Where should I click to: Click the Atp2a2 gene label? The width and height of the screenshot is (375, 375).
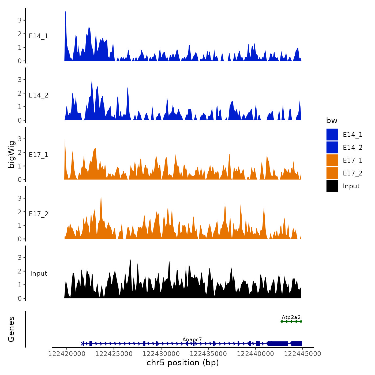pyautogui.click(x=291, y=317)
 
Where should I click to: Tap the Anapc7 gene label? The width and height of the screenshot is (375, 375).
pyautogui.click(x=192, y=340)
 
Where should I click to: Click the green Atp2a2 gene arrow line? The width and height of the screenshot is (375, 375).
pyautogui.click(x=291, y=321)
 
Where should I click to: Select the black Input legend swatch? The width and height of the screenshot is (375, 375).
pyautogui.click(x=332, y=186)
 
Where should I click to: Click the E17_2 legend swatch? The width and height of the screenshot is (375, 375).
pyautogui.click(x=332, y=173)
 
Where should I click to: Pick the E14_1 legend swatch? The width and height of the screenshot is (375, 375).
pyautogui.click(x=332, y=134)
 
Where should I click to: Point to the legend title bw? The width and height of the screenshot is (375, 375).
pyautogui.click(x=332, y=121)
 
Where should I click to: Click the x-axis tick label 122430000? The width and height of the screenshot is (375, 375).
pyautogui.click(x=161, y=354)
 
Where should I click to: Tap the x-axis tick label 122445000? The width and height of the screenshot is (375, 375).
pyautogui.click(x=303, y=354)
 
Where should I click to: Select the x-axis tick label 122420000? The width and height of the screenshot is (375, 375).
pyautogui.click(x=67, y=354)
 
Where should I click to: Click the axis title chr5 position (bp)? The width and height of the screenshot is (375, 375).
pyautogui.click(x=183, y=363)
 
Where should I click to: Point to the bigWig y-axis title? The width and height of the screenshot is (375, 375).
pyautogui.click(x=11, y=154)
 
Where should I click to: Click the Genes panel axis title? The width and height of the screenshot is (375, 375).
pyautogui.click(x=11, y=329)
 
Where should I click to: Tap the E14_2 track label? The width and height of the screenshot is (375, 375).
pyautogui.click(x=39, y=95)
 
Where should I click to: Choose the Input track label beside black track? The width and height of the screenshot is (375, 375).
pyautogui.click(x=39, y=273)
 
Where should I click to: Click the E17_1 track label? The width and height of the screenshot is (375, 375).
pyautogui.click(x=39, y=155)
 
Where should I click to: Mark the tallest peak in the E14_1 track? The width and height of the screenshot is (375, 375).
pyautogui.click(x=65, y=12)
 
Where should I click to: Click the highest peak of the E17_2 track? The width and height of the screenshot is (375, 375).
pyautogui.click(x=101, y=198)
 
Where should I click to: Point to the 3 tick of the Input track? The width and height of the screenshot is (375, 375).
pyautogui.click(x=20, y=258)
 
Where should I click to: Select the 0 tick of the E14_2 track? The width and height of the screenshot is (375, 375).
pyautogui.click(x=20, y=121)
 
